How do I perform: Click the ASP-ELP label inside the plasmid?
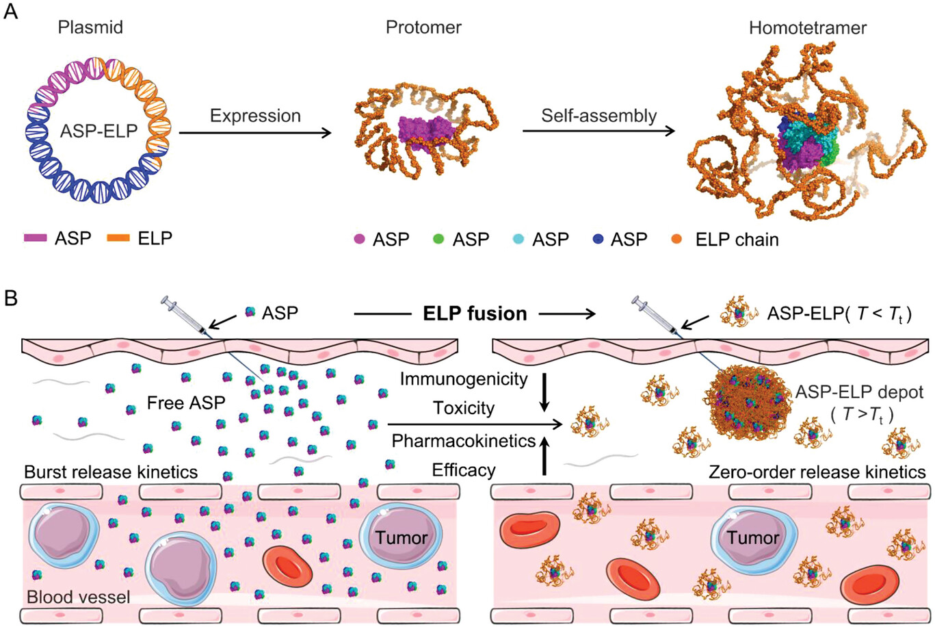pos(98,129)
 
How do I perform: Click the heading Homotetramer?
pos(808,28)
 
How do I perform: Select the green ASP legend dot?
pos(438,240)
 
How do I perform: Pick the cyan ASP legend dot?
pos(518,240)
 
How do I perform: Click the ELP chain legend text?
pos(737,240)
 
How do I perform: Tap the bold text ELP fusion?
pos(475,313)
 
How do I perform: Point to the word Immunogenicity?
pos(464,379)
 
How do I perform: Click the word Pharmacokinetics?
pos(463,441)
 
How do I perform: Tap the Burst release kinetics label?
pos(111,472)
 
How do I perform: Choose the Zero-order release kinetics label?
pos(817,472)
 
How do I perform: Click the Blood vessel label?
pos(78,597)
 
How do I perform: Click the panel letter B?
pos(11,299)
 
